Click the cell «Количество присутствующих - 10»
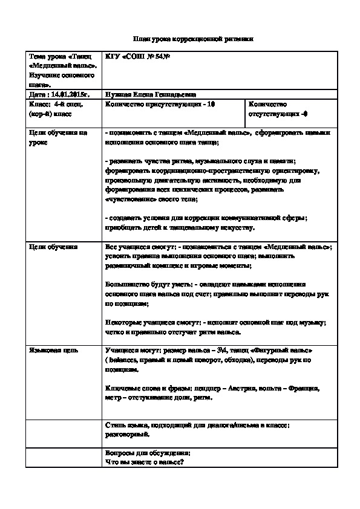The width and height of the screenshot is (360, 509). pos(160,104)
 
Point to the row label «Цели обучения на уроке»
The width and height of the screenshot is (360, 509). pos(58,137)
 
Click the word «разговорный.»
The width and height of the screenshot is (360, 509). pos(125,433)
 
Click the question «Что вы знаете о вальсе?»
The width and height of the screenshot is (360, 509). pos(144,462)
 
